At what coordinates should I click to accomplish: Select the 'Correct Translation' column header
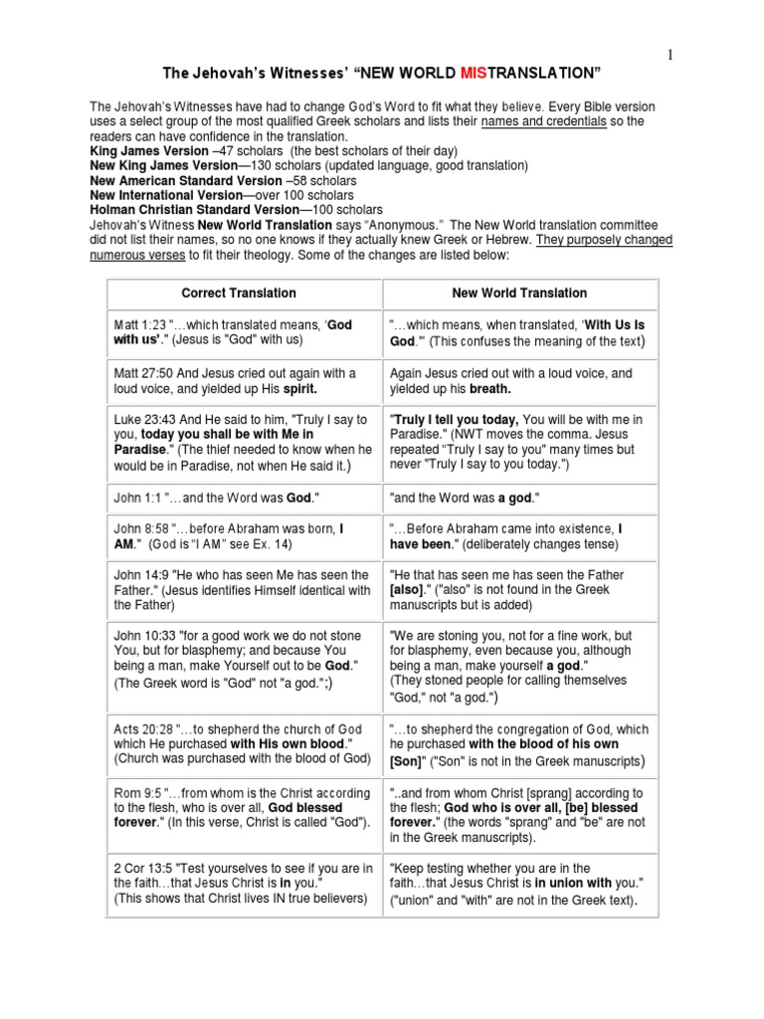[x=239, y=294]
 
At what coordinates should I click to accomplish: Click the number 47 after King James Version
[x=244, y=151]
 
